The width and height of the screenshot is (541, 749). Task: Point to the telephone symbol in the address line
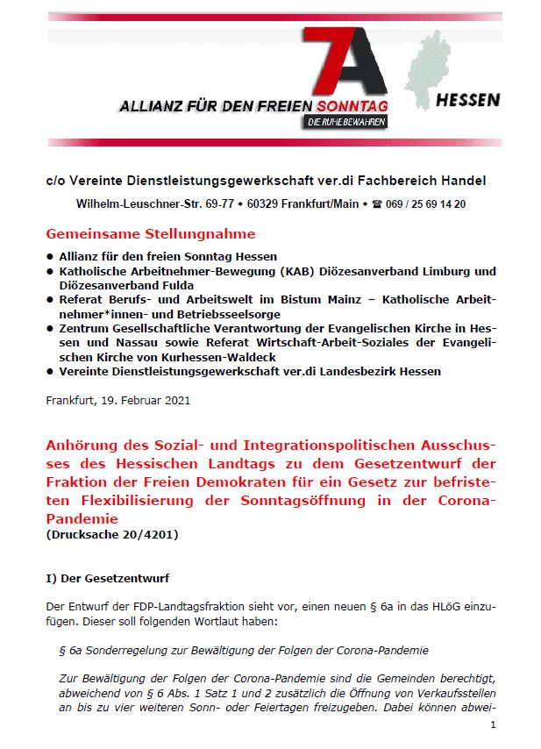(378, 203)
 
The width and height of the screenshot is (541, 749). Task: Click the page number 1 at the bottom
(494, 724)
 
